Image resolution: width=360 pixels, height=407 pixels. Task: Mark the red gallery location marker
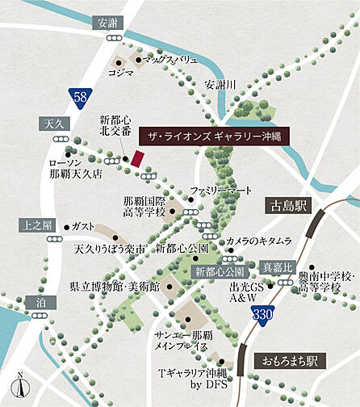(137, 158)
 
